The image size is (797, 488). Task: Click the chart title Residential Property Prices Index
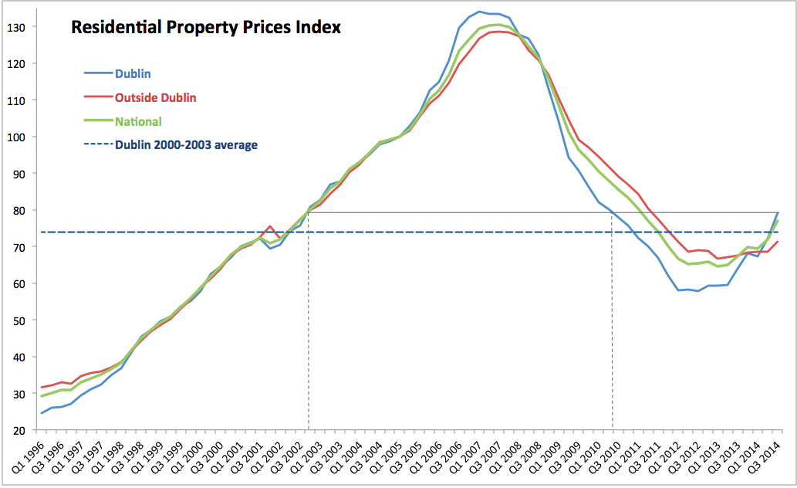pos(206,28)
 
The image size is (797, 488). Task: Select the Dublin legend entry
pos(133,74)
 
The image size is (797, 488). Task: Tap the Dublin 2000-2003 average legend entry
pos(186,144)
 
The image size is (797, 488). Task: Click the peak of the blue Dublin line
pos(479,12)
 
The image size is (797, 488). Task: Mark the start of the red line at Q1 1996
pos(42,388)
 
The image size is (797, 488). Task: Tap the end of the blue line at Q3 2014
pos(778,212)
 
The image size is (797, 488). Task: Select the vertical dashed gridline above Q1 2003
pos(309,324)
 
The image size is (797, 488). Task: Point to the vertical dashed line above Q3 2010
pos(613,324)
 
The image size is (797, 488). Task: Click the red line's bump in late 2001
pos(269,226)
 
